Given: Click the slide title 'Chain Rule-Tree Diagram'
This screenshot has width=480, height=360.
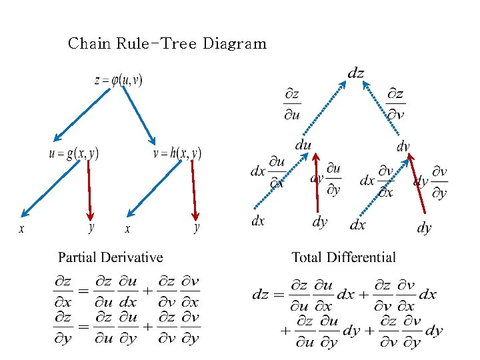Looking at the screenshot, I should click(167, 44).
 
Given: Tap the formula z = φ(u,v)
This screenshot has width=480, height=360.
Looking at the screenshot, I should click(119, 80).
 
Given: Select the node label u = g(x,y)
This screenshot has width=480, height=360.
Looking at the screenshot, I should click(73, 153).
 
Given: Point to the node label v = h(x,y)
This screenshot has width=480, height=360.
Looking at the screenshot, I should click(177, 153).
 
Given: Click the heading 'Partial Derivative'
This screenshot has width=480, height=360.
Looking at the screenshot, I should click(110, 257).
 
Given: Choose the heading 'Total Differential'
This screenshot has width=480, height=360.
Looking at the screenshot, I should click(343, 257).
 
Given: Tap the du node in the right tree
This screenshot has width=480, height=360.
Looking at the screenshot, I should click(303, 145).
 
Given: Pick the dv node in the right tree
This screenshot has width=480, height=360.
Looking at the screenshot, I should click(403, 146).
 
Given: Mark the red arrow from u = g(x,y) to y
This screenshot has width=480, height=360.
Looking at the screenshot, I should click(90, 190).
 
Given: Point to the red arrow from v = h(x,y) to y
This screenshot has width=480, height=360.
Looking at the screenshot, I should click(194, 190).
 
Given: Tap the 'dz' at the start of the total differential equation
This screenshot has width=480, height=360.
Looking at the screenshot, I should click(261, 294).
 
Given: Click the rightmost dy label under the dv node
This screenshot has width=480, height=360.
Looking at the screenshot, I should click(424, 228).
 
